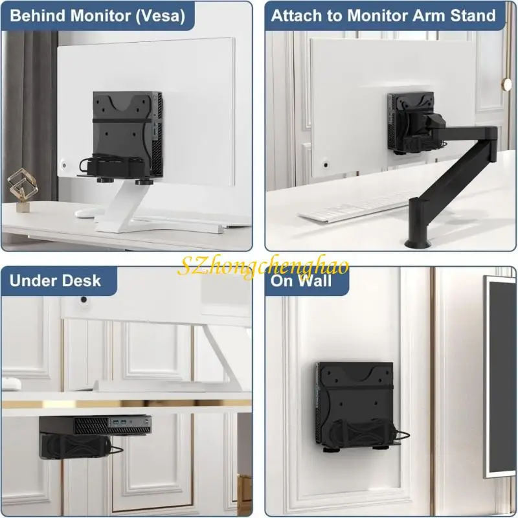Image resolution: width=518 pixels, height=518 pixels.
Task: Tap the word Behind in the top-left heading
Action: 35,16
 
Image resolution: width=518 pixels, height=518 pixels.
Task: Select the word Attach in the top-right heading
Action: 295,16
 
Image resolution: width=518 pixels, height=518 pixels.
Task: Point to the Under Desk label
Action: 55,280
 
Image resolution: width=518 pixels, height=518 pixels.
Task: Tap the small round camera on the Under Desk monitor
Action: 84,300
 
